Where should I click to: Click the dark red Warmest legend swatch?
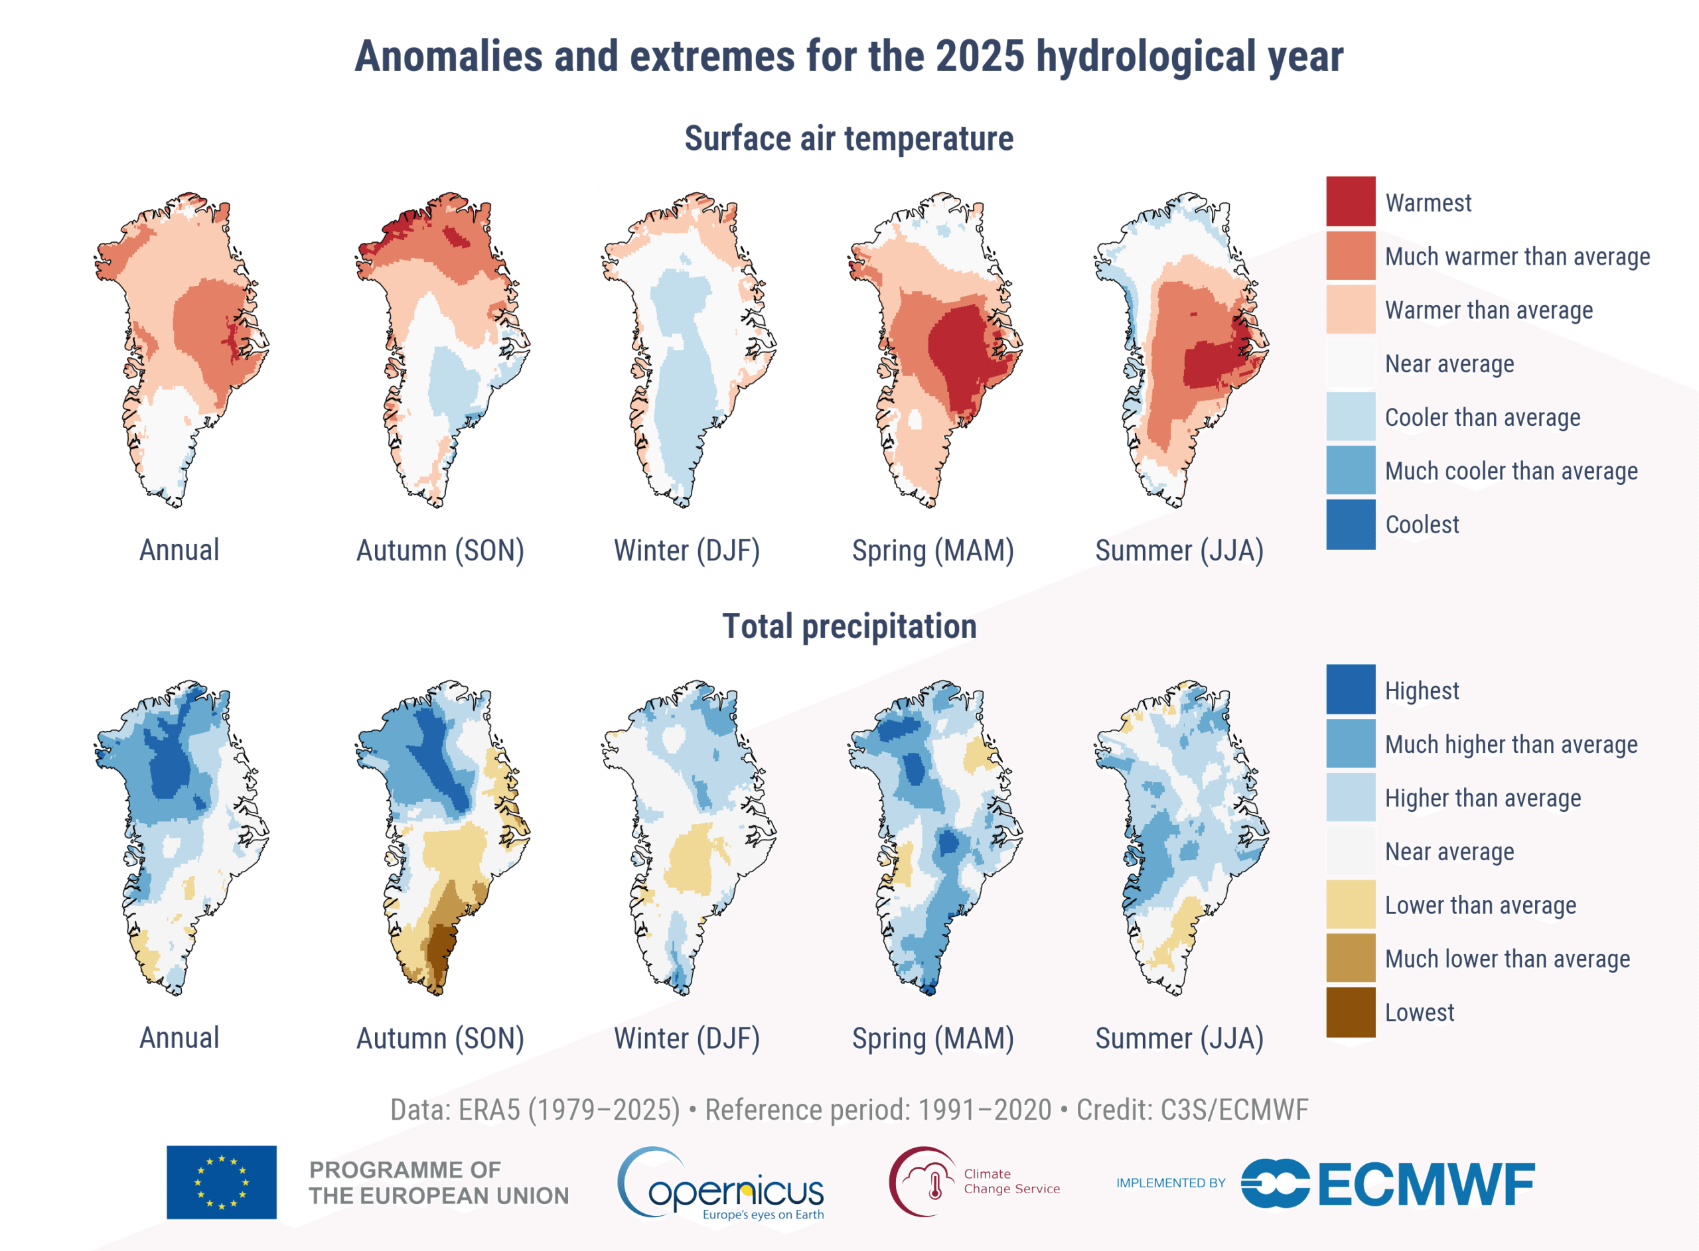[x=1351, y=202]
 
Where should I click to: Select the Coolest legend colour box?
[x=1351, y=524]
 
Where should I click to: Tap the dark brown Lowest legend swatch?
[x=1351, y=1012]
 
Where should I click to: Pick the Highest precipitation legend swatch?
[x=1351, y=689]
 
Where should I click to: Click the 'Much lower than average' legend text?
[x=1507, y=958]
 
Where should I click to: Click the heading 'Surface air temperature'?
[x=849, y=139]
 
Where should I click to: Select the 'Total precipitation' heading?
[x=849, y=626]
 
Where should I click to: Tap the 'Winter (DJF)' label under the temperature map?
[x=686, y=551]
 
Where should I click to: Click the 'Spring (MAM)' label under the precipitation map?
[x=932, y=1038]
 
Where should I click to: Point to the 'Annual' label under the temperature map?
[x=179, y=550]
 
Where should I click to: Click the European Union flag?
[x=221, y=1182]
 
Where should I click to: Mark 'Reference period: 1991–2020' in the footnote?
[x=878, y=1110]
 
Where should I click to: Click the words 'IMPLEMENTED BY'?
[x=1170, y=1183]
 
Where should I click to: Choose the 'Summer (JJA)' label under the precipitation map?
[x=1179, y=1038]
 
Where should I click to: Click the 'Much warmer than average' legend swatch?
[x=1351, y=255]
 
